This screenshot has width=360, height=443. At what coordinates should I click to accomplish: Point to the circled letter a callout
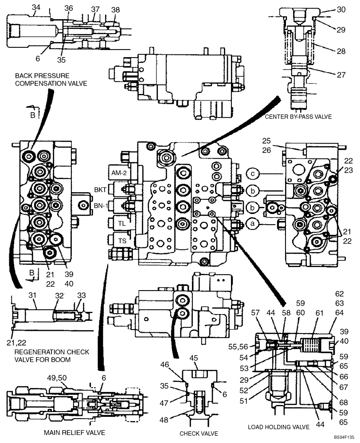252,225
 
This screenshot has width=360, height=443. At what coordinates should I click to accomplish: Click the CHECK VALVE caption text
199,433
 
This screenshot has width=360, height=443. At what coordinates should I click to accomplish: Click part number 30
340,9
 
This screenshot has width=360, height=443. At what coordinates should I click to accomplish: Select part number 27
340,75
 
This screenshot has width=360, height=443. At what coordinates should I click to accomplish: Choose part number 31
32,295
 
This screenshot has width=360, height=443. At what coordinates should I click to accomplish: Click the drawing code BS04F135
344,437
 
